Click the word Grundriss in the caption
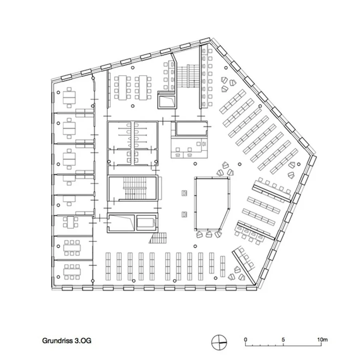tap(57, 341)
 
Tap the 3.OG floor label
tap(83, 341)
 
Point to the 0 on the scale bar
tap(246, 340)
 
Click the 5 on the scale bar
tap(283, 340)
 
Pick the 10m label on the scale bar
tap(323, 340)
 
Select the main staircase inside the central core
tap(135, 189)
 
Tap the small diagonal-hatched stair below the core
tap(159, 238)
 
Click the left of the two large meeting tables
tap(122, 88)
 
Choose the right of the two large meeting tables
tap(143, 88)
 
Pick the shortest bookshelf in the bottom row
tap(223, 266)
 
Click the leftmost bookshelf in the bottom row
tap(108, 266)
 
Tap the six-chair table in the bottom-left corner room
tap(72, 272)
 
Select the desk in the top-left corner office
tap(69, 98)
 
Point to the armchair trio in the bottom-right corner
tap(237, 274)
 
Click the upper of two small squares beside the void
tap(184, 193)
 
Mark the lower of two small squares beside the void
tap(184, 214)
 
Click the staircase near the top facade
tap(188, 76)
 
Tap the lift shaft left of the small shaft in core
tap(121, 222)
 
